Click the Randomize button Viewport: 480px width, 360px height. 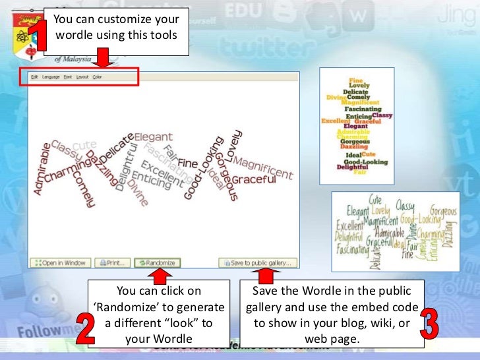coord(157,262)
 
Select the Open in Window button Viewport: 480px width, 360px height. coord(60,262)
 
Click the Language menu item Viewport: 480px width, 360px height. coord(51,77)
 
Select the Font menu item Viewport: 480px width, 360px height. coord(68,77)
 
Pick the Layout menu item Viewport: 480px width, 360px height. coord(82,77)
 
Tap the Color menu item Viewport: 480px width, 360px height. coord(97,77)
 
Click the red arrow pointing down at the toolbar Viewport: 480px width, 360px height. coord(101,58)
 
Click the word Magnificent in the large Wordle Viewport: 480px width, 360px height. coord(262,167)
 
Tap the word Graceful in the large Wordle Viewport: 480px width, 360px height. coord(253,179)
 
